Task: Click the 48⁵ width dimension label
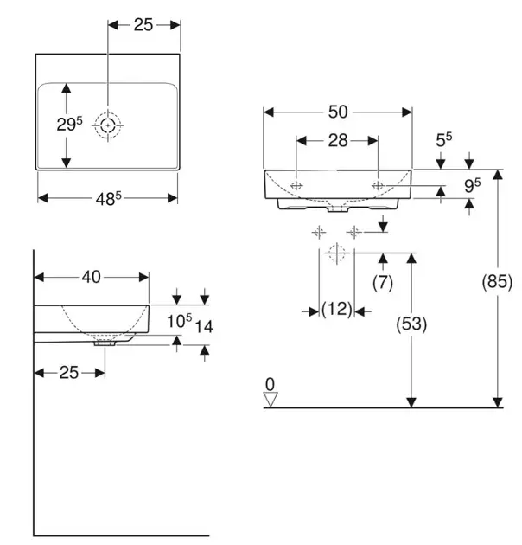[109, 199]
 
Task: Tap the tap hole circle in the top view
[107, 125]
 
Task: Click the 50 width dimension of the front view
[337, 112]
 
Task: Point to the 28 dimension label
[337, 140]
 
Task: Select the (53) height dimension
[411, 324]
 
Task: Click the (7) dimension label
[382, 282]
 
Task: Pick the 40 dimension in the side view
[92, 277]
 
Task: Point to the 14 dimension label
[204, 325]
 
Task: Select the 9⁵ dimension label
[471, 183]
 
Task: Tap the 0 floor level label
[270, 382]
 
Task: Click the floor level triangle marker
[271, 398]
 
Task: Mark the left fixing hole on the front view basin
[296, 185]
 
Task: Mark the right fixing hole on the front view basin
[378, 185]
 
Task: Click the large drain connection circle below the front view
[336, 253]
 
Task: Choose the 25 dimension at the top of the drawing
[143, 25]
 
